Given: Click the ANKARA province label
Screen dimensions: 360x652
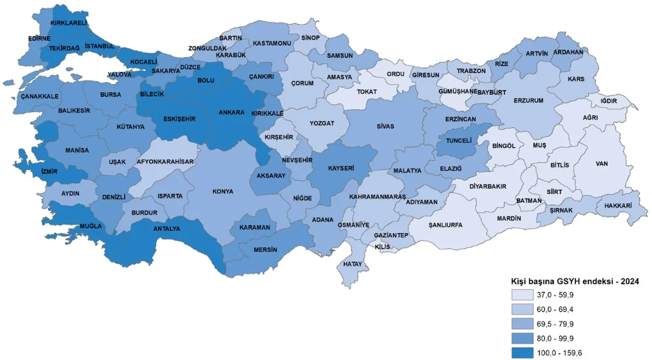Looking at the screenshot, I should [x=231, y=113].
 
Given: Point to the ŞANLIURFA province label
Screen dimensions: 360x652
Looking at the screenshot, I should [x=445, y=225].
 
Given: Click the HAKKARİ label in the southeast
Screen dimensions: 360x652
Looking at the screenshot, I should [x=618, y=206].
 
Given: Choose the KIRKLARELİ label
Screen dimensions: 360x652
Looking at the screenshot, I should [x=69, y=23].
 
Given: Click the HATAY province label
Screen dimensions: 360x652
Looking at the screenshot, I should [x=352, y=264].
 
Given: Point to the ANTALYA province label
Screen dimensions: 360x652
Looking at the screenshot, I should [x=167, y=229].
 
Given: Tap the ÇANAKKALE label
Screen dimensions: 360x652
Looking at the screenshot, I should [x=39, y=96].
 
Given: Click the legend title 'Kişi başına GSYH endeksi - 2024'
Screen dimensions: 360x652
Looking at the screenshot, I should [x=575, y=281].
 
